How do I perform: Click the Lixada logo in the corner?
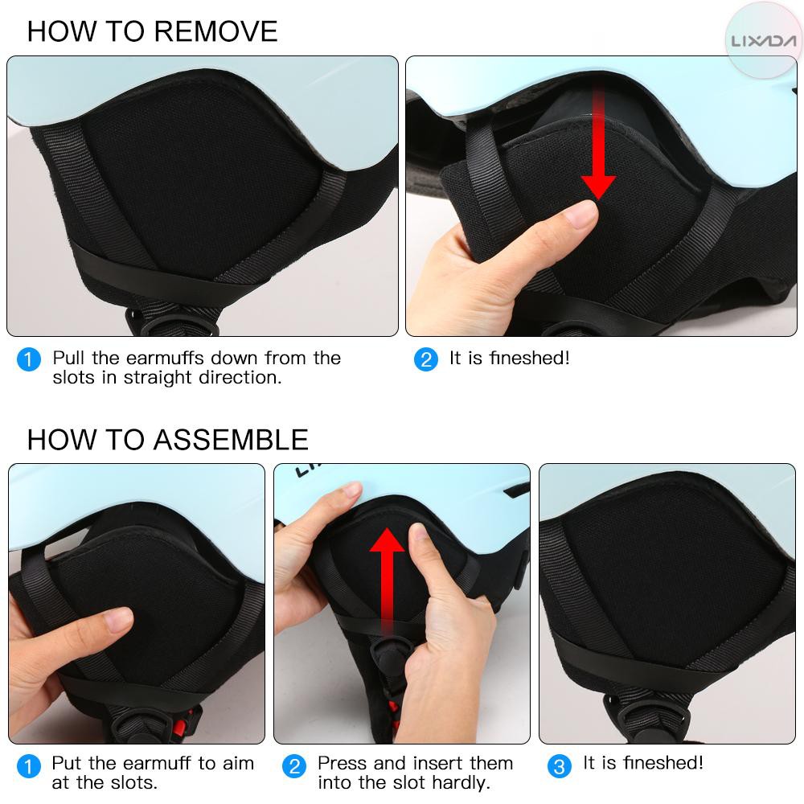(764, 41)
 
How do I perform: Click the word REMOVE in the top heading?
(215, 31)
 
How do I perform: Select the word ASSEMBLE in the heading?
(232, 440)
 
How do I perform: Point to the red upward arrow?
(388, 580)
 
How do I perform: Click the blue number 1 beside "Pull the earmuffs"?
(29, 359)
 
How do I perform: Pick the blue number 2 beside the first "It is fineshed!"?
(425, 359)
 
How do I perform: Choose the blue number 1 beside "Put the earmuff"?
(29, 766)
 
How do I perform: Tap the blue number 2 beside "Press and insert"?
(294, 766)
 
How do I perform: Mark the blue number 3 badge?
(560, 766)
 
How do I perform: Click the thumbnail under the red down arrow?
(583, 214)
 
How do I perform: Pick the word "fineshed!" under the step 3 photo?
(663, 763)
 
